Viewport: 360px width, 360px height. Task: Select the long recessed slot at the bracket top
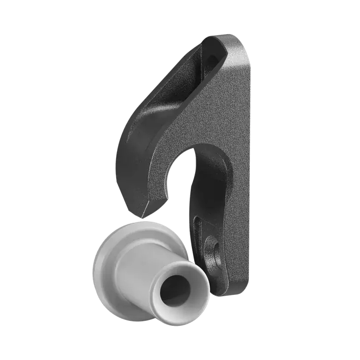point(182,77)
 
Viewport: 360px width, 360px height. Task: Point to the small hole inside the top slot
point(211,59)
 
